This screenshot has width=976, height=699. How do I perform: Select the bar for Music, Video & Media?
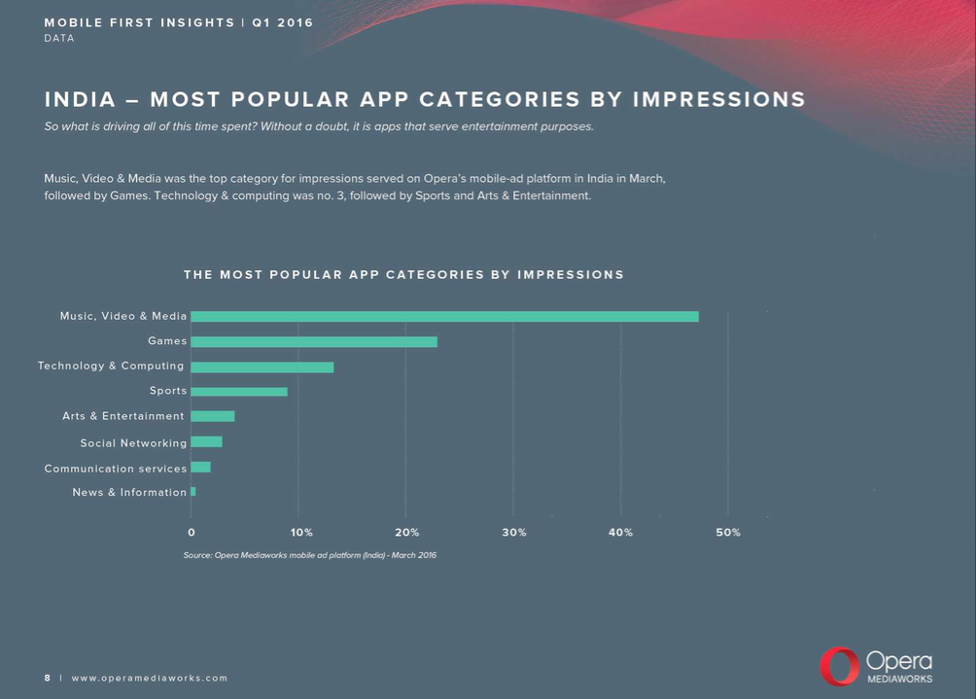444,316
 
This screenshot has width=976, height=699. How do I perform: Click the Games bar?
314,341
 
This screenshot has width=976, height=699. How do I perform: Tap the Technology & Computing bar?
262,367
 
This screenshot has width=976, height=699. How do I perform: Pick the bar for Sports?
239,392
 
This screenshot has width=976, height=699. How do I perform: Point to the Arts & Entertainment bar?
213,416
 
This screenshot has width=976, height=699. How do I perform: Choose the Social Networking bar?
206,442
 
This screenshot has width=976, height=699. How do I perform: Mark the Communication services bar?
200,468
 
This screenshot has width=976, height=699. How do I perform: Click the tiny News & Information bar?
193,492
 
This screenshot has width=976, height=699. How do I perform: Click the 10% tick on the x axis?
301,533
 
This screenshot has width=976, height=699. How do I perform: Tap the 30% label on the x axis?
514,533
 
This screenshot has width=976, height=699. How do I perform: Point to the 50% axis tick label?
728,533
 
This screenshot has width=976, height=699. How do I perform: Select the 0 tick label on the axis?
192,533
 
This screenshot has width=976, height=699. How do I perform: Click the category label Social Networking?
133,443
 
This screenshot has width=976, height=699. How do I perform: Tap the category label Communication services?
116,469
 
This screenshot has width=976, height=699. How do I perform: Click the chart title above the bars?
403,275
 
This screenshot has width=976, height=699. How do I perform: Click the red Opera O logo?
838,667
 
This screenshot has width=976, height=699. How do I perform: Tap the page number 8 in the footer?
47,678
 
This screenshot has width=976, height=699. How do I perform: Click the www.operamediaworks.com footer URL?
150,678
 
